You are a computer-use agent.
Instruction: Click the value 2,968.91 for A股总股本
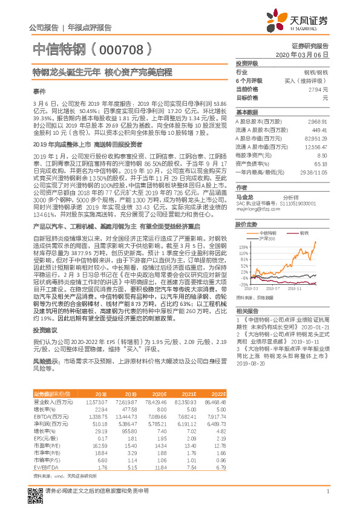point(318,121)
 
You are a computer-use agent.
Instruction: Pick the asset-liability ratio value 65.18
point(321,163)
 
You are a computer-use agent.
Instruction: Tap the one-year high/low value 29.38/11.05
point(314,172)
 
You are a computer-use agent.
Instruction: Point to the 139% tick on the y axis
point(243,247)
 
